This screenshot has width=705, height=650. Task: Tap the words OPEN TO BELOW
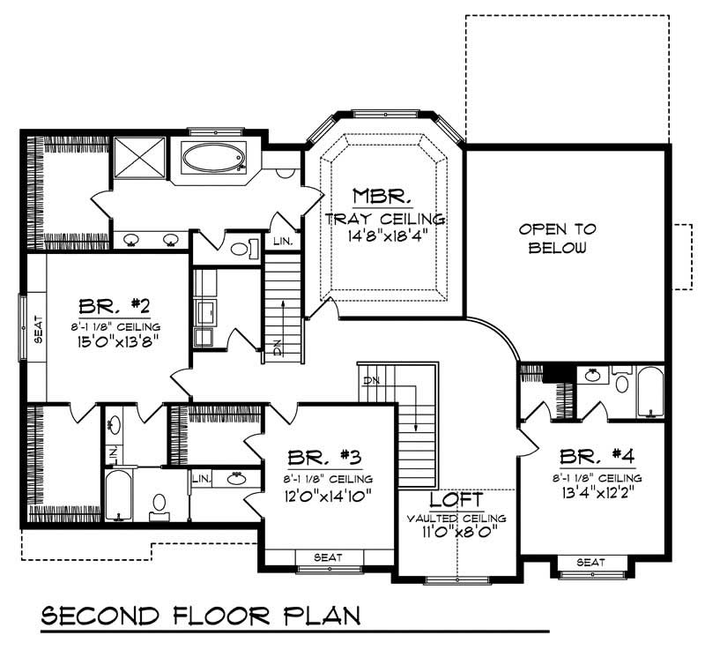tap(557, 238)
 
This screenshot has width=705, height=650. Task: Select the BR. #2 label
tap(115, 308)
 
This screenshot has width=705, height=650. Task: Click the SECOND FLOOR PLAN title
tap(201, 616)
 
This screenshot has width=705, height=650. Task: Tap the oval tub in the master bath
tap(211, 160)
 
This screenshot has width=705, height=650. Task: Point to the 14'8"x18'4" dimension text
tap(382, 235)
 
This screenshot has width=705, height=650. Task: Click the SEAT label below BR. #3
tap(327, 557)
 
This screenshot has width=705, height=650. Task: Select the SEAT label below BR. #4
tap(591, 562)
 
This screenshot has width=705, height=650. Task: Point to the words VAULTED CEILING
tap(456, 519)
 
